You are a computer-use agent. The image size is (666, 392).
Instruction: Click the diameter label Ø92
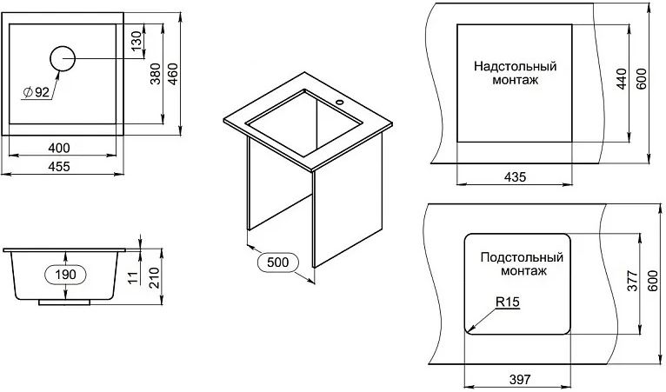37,92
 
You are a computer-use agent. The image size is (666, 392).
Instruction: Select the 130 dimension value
136,41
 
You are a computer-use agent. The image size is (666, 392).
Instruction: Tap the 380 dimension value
156,74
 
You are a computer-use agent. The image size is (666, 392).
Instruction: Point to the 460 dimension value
173,74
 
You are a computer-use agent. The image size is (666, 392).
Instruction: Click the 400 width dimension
59,148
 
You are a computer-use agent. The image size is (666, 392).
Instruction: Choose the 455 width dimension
59,167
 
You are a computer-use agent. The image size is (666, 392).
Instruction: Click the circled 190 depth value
65,275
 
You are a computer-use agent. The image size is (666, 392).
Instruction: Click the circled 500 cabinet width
277,262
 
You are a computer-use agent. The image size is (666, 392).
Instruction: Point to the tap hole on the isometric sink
339,102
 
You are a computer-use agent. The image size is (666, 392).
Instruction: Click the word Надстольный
516,66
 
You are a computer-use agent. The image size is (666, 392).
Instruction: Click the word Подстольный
522,257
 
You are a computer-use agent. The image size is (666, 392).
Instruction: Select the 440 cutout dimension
621,78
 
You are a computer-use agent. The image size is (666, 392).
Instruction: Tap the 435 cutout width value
515,176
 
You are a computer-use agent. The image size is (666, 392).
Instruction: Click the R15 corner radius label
508,302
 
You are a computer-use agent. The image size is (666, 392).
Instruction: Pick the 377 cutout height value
632,280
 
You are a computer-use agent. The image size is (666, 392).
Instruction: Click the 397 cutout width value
520,379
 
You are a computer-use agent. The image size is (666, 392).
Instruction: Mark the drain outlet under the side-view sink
64,302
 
